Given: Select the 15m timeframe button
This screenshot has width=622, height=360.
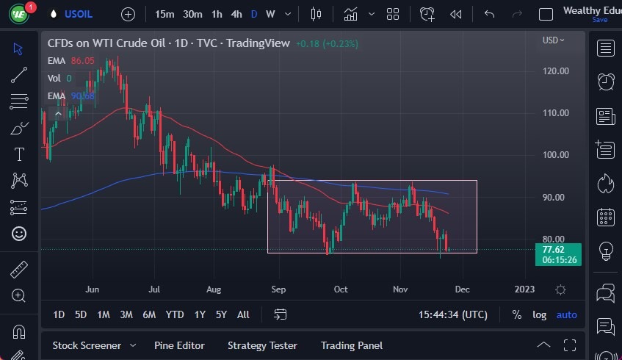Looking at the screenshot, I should coord(164,14).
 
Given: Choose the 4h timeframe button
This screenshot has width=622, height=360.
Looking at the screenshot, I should coord(236,14).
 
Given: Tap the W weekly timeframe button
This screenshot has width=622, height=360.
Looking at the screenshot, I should coord(270,14).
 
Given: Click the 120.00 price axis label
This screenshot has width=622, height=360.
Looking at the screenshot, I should coord(555,71).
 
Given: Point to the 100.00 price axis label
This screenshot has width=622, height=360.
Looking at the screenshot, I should coord(555,155).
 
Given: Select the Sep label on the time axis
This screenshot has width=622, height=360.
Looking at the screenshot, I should coord(279,289).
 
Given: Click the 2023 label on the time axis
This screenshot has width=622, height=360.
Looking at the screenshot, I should coord(524,289).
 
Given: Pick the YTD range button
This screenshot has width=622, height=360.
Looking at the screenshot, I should coord(175,314).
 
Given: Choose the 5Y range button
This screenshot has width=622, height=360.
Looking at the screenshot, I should coord(221,314).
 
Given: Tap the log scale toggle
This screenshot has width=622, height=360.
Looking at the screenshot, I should coord(539,314).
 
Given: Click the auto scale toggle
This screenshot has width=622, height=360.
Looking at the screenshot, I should coord(566,314).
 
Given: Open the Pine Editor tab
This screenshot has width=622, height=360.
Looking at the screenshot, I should coord(179,345).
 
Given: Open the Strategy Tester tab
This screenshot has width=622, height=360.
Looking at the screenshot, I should coord(262,345).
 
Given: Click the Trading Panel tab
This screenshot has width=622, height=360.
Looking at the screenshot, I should coord(352,345).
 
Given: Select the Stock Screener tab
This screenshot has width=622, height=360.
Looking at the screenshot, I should coord(86,345).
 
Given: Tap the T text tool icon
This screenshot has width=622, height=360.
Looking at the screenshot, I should coord(19,154).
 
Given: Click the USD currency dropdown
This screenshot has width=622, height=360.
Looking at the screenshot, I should coord(553,40).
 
